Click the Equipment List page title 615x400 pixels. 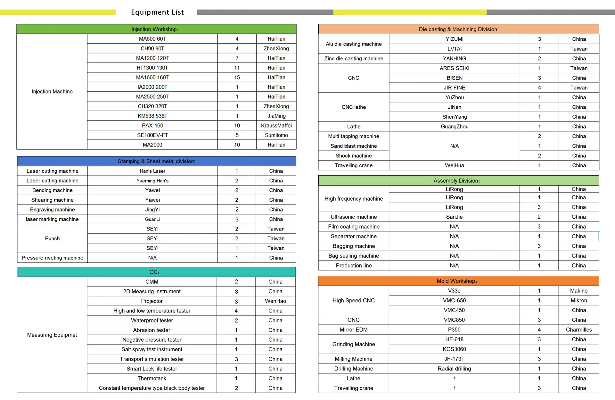point(157,12)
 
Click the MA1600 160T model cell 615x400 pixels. point(152,77)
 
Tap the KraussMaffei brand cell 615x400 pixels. point(276,125)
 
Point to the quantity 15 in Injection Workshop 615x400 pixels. point(237,77)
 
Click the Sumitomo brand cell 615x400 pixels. point(276,135)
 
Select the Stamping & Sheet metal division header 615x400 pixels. point(156,161)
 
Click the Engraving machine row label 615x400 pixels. point(52,209)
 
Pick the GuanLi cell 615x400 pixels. point(152,219)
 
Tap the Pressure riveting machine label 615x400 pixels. point(52,258)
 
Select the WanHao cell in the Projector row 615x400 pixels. point(275,301)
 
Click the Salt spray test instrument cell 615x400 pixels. point(152,349)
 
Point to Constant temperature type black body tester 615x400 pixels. point(152,388)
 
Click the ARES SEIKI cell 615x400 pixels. point(454,68)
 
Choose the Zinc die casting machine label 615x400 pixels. point(354,58)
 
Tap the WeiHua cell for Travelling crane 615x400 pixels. point(454,165)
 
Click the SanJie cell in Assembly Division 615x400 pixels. point(454,217)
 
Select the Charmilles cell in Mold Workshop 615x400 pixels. point(578,329)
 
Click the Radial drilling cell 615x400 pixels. point(454,369)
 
